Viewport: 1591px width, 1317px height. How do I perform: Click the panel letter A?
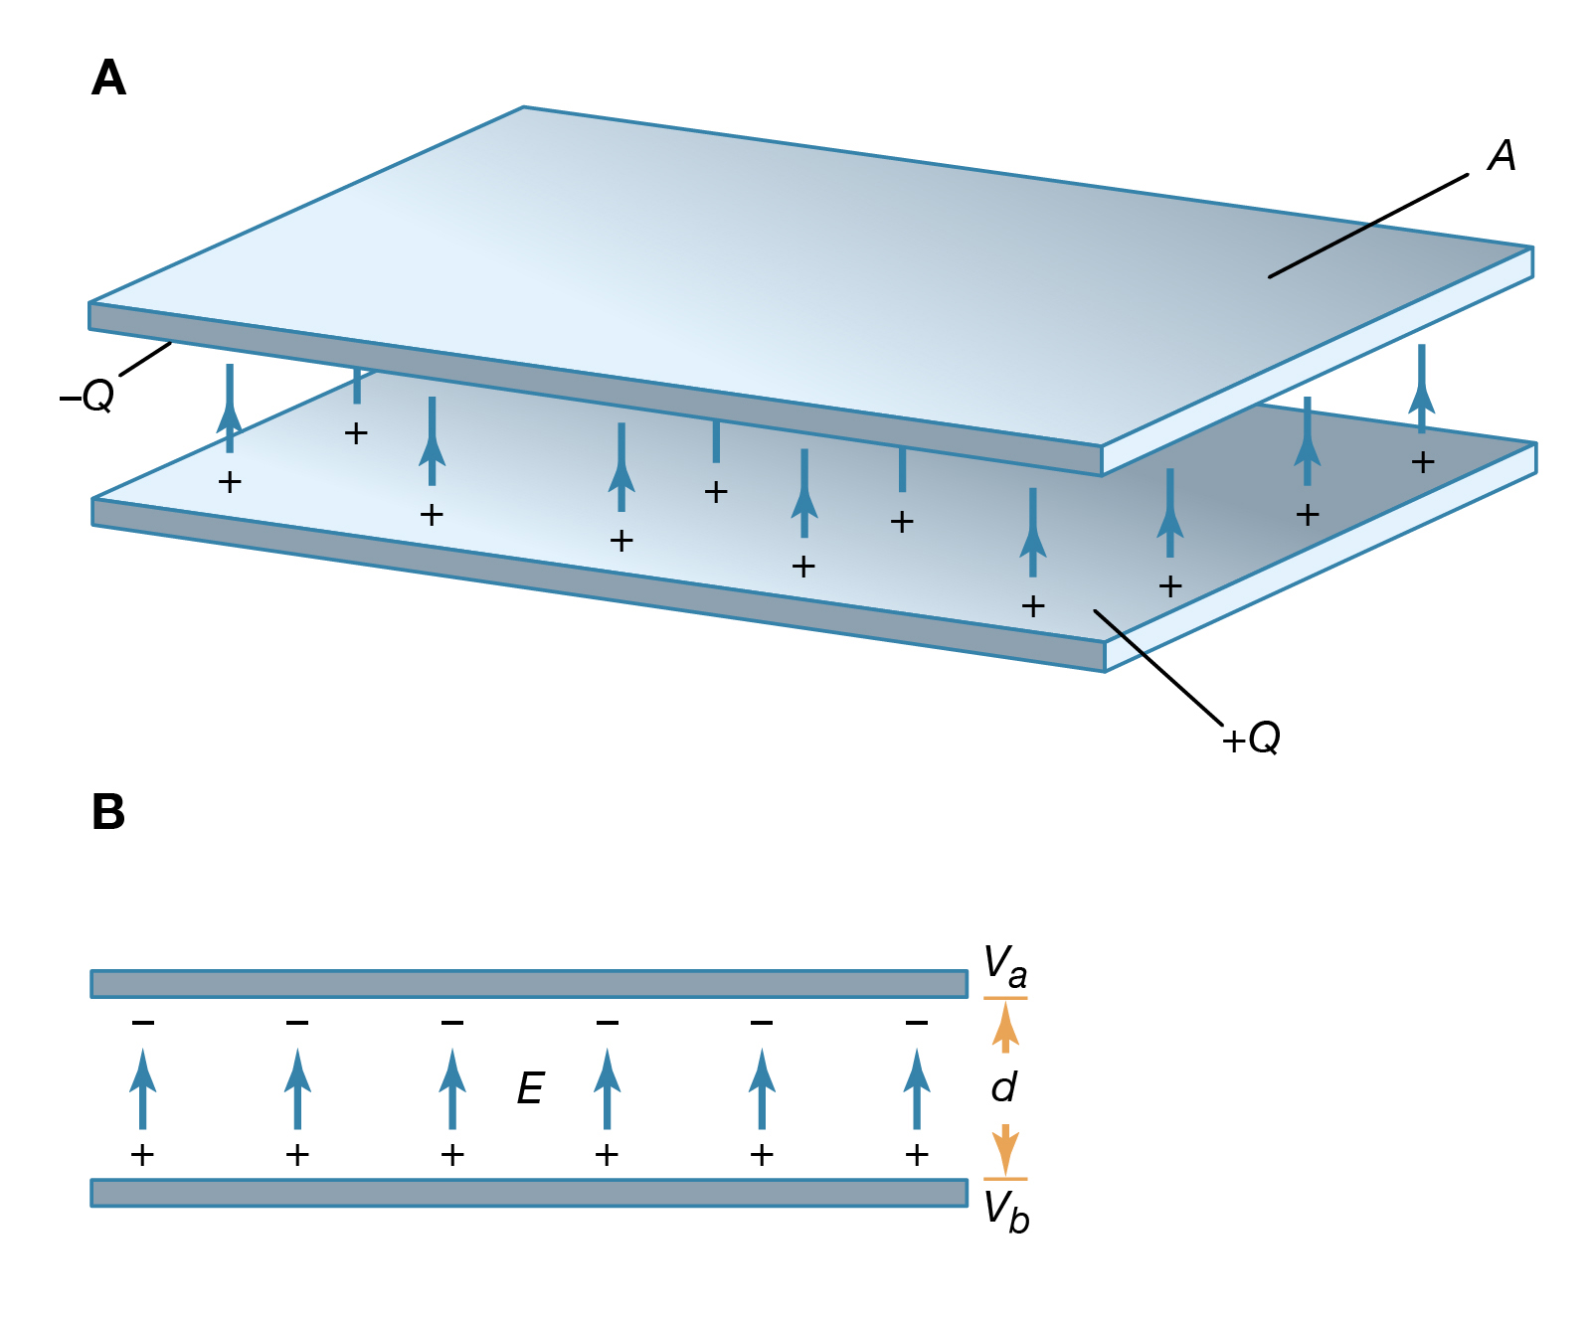click(x=108, y=78)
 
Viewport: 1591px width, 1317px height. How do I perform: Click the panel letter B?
click(x=108, y=811)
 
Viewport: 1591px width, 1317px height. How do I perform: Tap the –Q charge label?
click(x=87, y=396)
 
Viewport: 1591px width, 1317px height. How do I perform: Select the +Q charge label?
click(x=1251, y=739)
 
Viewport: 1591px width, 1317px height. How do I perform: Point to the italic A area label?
click(x=1502, y=155)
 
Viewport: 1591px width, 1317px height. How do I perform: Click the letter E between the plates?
click(x=530, y=1089)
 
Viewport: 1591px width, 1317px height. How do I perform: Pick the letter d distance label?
click(x=1004, y=1087)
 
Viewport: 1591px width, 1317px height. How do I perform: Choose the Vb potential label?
click(x=1005, y=1212)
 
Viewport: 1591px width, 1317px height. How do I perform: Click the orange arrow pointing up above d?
click(x=1005, y=1027)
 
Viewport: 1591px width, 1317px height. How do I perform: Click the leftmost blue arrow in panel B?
click(x=143, y=1088)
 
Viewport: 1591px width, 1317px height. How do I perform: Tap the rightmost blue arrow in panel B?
click(x=917, y=1088)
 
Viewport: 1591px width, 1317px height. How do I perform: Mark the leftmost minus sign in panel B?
click(x=143, y=1022)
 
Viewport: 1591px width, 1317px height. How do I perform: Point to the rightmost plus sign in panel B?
click(x=917, y=1155)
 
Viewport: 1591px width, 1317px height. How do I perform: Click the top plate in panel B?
click(x=529, y=984)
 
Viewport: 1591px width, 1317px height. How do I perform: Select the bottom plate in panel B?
click(x=529, y=1193)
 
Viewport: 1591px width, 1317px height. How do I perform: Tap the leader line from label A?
click(x=1368, y=226)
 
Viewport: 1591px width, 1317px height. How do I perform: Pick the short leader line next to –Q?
click(x=145, y=359)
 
